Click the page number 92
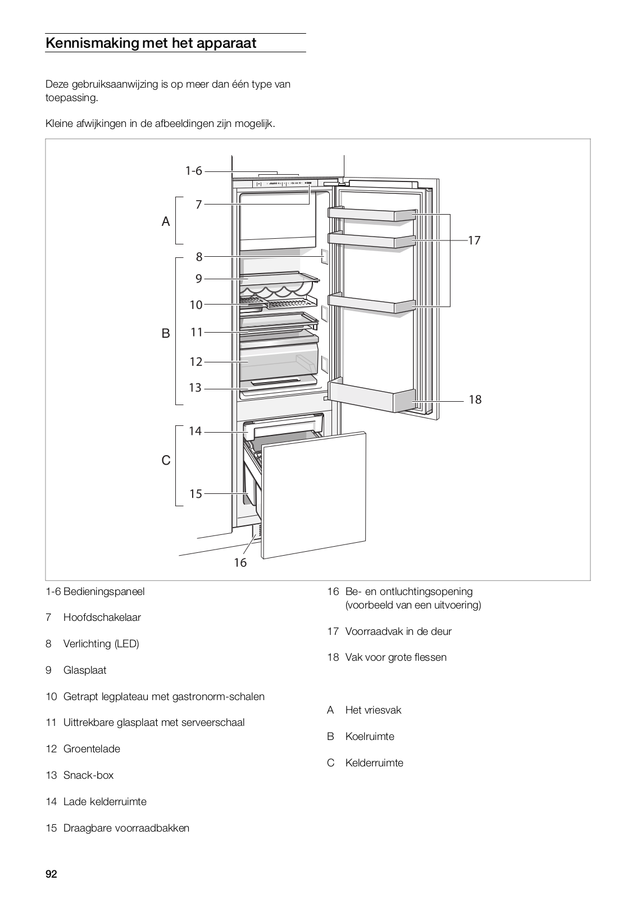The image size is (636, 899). point(51,874)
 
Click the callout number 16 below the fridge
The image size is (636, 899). point(240,562)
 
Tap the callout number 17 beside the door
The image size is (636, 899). point(474,240)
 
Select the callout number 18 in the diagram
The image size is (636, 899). point(475,399)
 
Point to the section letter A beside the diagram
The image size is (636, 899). point(166,222)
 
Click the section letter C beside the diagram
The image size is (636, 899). point(166,461)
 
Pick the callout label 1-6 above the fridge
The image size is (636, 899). point(194,171)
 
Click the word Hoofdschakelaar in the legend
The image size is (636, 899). point(102,618)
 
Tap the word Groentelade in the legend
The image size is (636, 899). point(92,749)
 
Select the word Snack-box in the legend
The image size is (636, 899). point(88,775)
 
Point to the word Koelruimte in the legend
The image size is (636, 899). point(370,737)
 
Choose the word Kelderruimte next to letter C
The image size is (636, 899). point(374,763)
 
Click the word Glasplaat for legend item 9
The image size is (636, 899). point(85,670)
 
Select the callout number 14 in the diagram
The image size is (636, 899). point(195,432)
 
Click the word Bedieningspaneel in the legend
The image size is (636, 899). point(104,592)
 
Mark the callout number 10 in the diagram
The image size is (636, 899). point(196,305)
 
